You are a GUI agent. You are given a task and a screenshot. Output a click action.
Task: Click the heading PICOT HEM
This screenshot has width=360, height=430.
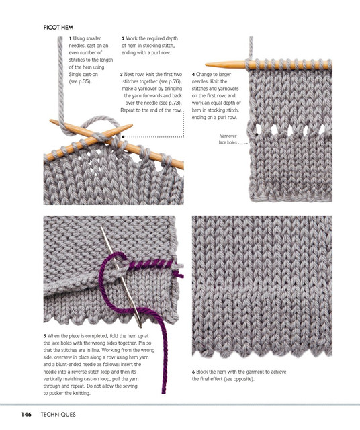point(58,28)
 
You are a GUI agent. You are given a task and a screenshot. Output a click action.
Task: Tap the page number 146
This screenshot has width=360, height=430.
point(26,414)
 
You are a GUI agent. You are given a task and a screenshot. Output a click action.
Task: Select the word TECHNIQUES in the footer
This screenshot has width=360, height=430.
point(58,414)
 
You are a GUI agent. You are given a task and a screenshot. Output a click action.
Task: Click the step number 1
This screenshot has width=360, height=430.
point(71,39)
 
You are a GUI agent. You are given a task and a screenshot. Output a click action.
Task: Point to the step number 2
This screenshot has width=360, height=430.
point(123,39)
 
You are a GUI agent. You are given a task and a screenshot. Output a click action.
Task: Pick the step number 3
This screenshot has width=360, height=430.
point(121,75)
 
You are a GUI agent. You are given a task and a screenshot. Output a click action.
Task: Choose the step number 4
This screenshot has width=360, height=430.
point(193,75)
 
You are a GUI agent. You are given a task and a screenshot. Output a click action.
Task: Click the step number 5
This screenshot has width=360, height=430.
point(45,336)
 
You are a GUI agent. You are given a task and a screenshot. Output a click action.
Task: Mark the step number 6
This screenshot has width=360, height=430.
point(193,372)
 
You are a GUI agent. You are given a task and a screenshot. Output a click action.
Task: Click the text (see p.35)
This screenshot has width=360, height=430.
point(80,81)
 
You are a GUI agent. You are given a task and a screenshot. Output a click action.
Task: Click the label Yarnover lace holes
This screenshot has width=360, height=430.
point(228,139)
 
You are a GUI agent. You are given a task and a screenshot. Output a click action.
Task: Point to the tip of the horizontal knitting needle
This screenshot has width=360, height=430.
point(206,64)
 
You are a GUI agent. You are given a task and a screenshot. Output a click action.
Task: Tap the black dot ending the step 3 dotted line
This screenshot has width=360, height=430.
point(123,136)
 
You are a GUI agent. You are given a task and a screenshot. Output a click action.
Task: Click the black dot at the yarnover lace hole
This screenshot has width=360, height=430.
point(257,134)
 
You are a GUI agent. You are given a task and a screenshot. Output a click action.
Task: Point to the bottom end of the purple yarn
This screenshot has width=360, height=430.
point(164,392)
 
